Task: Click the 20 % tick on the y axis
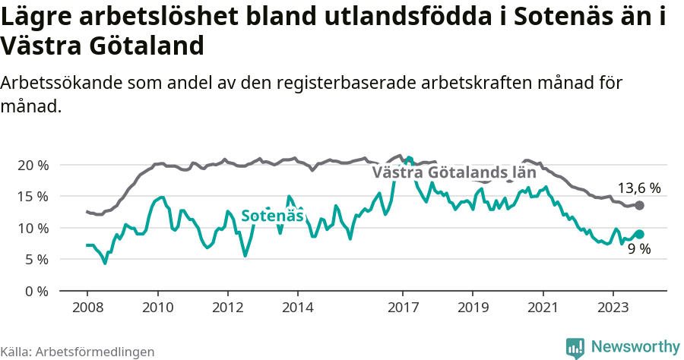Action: pyautogui.click(x=32, y=165)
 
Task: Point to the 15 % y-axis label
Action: pyautogui.click(x=32, y=196)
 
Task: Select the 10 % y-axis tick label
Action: pyautogui.click(x=32, y=228)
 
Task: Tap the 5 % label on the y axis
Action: pyautogui.click(x=36, y=259)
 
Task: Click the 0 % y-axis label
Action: pyautogui.click(x=36, y=291)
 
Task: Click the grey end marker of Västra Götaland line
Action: pyautogui.click(x=640, y=205)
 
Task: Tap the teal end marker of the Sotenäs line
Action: pyautogui.click(x=640, y=235)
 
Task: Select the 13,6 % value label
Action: pyautogui.click(x=638, y=188)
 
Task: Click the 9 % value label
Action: pyautogui.click(x=638, y=249)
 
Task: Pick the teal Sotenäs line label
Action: pyautogui.click(x=272, y=216)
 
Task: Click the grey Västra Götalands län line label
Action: pyautogui.click(x=449, y=172)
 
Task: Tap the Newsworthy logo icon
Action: pyautogui.click(x=575, y=347)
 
